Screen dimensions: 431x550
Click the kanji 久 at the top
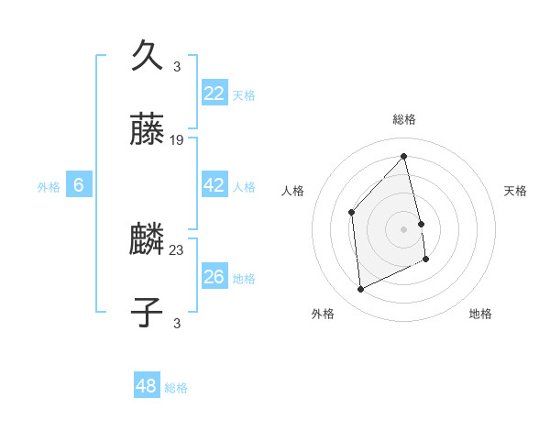(x=148, y=54)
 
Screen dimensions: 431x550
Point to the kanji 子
(x=148, y=312)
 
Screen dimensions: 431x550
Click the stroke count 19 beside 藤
(x=177, y=140)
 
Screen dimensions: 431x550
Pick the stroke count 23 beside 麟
(x=177, y=249)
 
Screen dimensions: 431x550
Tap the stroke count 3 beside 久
(x=177, y=66)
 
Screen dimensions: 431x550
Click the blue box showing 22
(x=214, y=93)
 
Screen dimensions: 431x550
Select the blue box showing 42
(x=214, y=185)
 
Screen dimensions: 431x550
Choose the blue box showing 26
(x=214, y=276)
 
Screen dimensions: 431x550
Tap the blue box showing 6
(x=79, y=185)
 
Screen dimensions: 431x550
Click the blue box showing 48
(x=147, y=386)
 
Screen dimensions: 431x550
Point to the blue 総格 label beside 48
(x=176, y=388)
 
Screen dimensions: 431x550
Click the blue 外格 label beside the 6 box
(x=49, y=187)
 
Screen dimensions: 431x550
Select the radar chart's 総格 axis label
(x=404, y=119)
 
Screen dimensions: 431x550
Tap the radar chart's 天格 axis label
(x=516, y=191)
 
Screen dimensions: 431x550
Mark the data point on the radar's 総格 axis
(x=404, y=156)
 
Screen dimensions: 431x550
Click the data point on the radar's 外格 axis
(x=360, y=290)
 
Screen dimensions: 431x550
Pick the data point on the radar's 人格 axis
(x=352, y=213)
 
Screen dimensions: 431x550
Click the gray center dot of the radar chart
(x=404, y=229)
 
